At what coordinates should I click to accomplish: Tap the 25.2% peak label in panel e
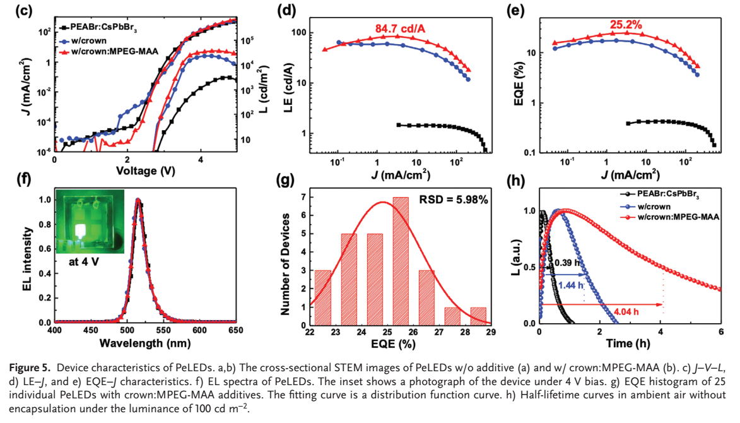pos(626,25)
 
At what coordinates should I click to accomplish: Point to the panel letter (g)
pos(286,181)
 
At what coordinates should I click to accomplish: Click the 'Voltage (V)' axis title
pos(146,171)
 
